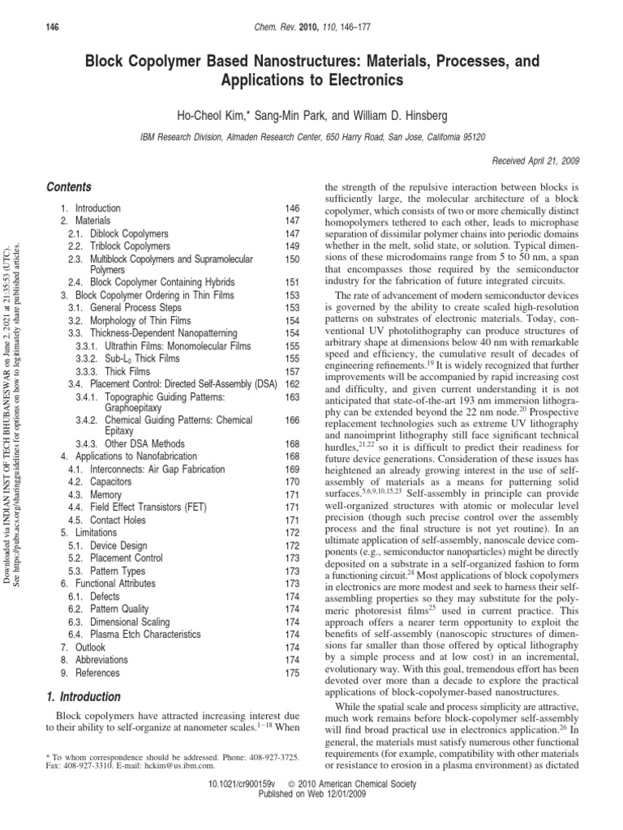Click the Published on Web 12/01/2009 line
point(311,819)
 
